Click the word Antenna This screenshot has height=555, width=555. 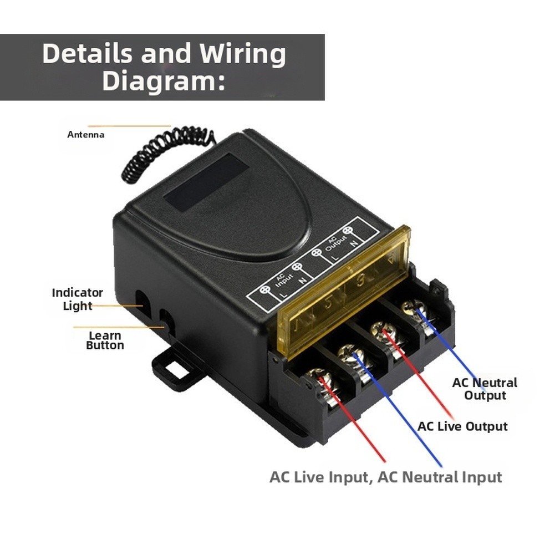click(85, 134)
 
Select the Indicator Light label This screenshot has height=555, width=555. click(77, 299)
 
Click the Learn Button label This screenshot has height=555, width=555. click(105, 340)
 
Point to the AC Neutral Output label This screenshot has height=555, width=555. click(485, 389)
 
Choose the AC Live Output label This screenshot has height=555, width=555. click(462, 426)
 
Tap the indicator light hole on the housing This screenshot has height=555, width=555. click(141, 299)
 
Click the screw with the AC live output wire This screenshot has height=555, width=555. click(382, 331)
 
